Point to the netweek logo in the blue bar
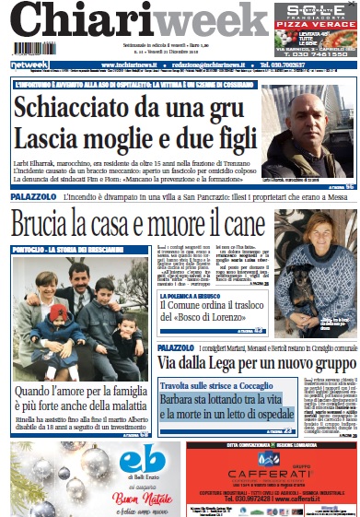(29, 65)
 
